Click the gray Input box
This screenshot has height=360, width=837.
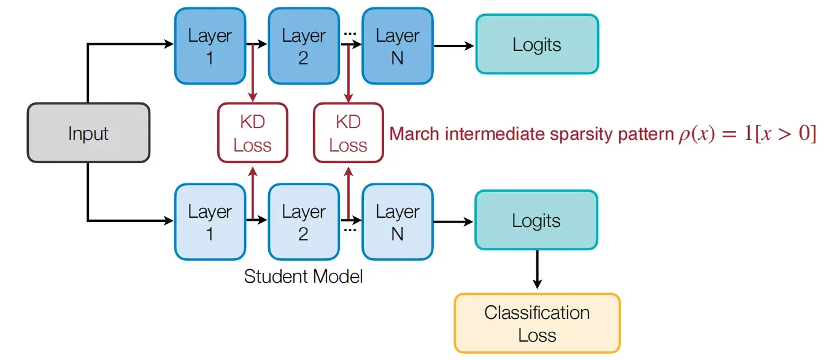coord(88,133)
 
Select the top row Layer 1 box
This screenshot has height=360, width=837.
coord(210,46)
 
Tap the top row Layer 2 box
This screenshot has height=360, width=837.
coord(304,46)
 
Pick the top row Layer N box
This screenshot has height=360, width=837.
coord(398,46)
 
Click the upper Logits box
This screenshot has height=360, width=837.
coord(538,44)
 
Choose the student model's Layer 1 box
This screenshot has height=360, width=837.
coord(210,222)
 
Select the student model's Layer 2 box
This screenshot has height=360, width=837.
coord(304,222)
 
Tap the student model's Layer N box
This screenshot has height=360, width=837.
coord(398,222)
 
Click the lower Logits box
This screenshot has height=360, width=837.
coord(536,220)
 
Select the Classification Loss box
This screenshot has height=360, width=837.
coord(538,323)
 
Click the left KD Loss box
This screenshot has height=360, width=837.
coord(253,133)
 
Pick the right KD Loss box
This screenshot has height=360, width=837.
coord(349,133)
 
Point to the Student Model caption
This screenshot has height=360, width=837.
coord(303,277)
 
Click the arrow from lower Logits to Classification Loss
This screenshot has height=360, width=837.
coord(538,269)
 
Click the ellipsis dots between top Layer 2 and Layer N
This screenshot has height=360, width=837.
coord(350,34)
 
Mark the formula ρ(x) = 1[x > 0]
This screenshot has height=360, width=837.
coord(747,134)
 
